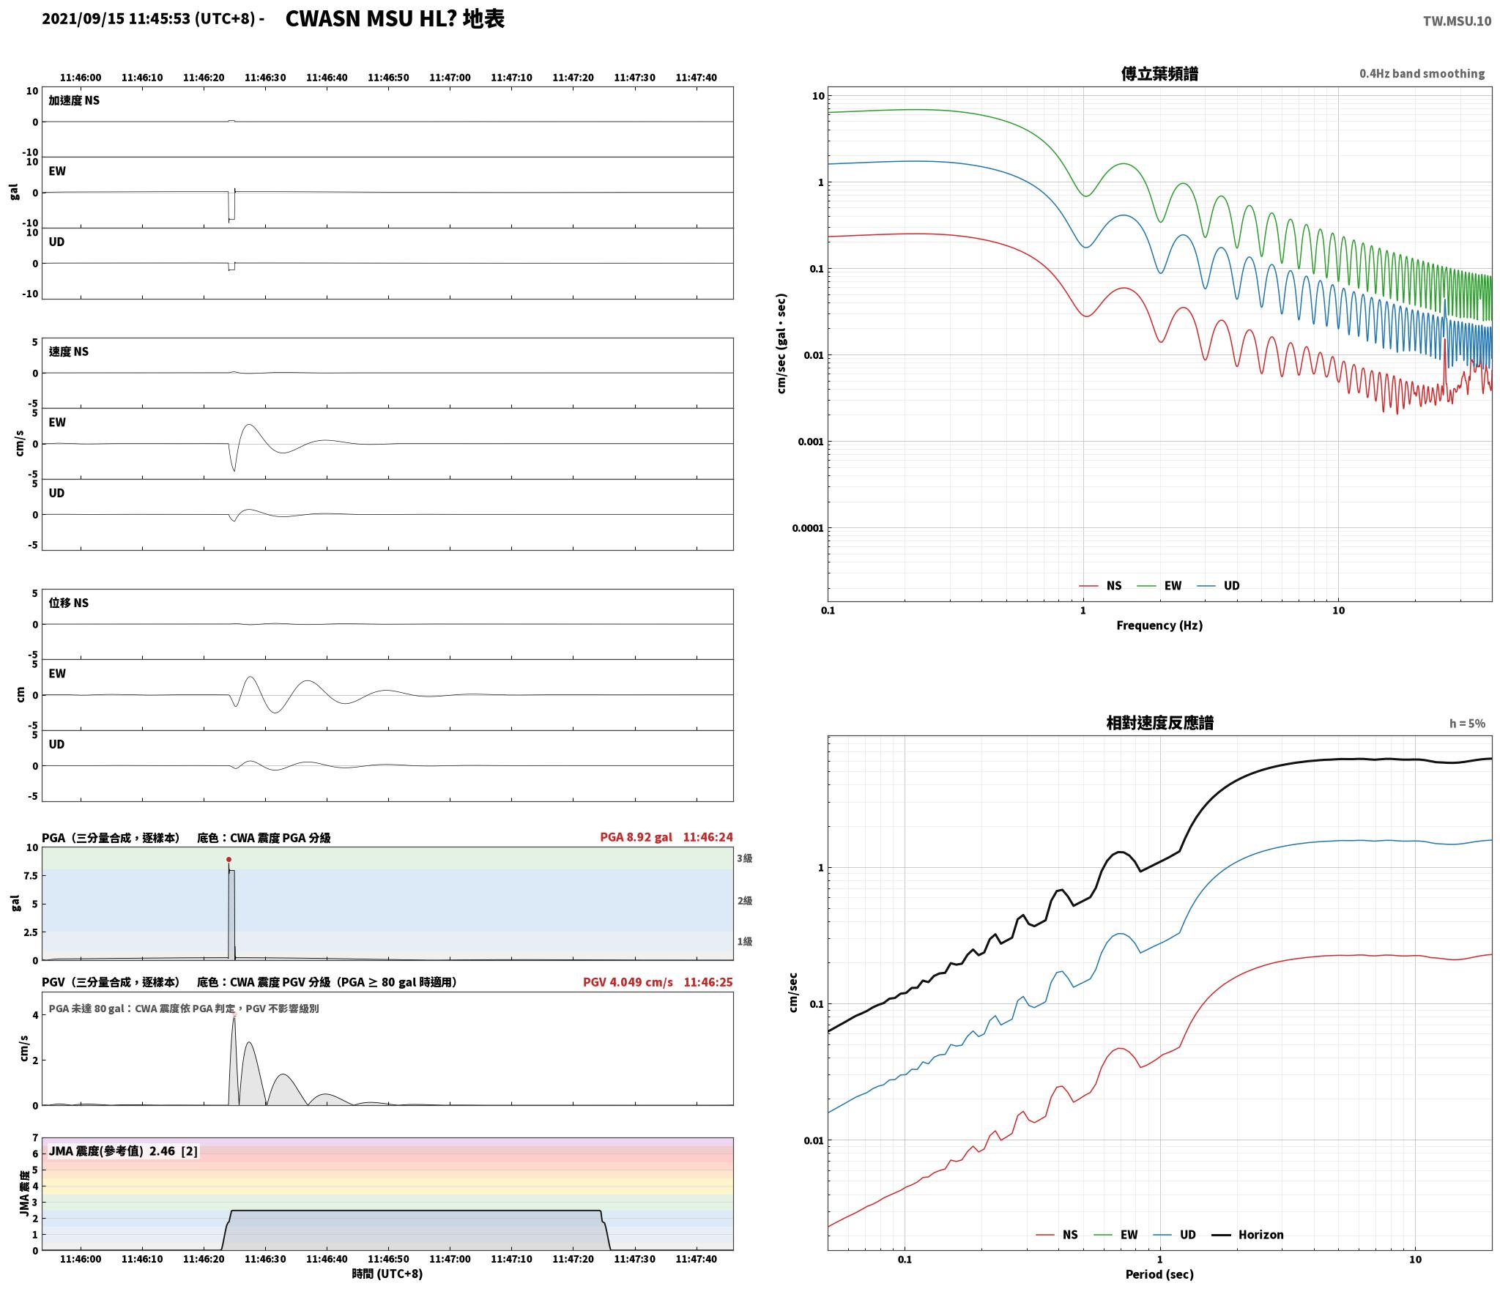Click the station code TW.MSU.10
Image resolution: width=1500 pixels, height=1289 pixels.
pyautogui.click(x=1457, y=21)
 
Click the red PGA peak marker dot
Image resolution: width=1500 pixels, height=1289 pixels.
pyautogui.click(x=229, y=859)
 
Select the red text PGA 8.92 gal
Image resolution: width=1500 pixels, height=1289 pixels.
pyautogui.click(x=636, y=837)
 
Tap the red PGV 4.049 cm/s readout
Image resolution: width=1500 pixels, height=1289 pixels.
pyautogui.click(x=628, y=982)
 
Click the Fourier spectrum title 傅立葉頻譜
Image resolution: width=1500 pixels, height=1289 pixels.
pyautogui.click(x=1159, y=73)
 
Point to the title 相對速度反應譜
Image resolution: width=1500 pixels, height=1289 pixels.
pyautogui.click(x=1159, y=723)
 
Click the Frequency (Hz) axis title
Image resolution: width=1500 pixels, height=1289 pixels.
pyautogui.click(x=1159, y=625)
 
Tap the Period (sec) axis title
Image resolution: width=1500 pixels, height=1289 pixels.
pyautogui.click(x=1159, y=1274)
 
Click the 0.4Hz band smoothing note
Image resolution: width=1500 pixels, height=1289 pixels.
pyautogui.click(x=1422, y=73)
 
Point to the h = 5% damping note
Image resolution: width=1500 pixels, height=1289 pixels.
pyautogui.click(x=1467, y=724)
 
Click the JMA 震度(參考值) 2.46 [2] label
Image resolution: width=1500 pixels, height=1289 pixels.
pyautogui.click(x=123, y=1151)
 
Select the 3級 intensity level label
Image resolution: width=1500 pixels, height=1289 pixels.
pyautogui.click(x=745, y=858)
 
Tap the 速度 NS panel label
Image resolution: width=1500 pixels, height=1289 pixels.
pyautogui.click(x=69, y=352)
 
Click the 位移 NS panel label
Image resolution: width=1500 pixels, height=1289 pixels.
pyautogui.click(x=69, y=603)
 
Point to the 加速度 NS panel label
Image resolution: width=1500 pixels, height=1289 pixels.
pyautogui.click(x=74, y=100)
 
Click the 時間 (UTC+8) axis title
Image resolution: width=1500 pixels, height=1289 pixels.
pyautogui.click(x=387, y=1274)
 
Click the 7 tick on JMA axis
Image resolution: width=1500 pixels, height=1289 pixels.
pyautogui.click(x=34, y=1137)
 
